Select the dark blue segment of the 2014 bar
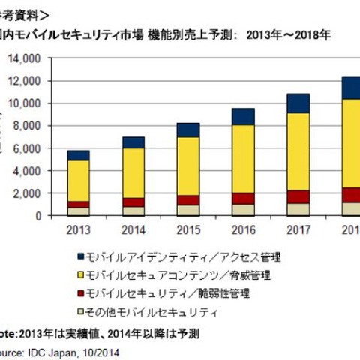(x=133, y=142)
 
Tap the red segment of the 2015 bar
(x=187, y=199)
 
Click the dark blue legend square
(x=80, y=257)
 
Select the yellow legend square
(x=80, y=275)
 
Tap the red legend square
(x=80, y=293)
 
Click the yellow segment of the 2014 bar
(x=133, y=172)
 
